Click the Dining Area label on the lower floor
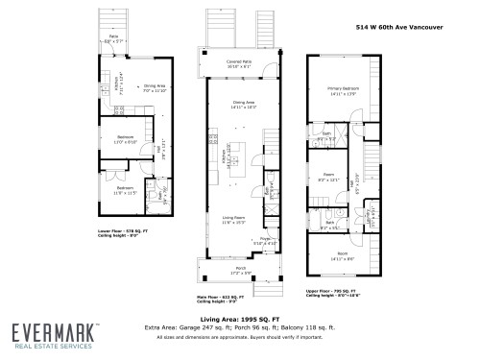(x=155, y=88)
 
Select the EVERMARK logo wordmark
(x=52, y=332)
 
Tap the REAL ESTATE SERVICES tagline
(x=52, y=348)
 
